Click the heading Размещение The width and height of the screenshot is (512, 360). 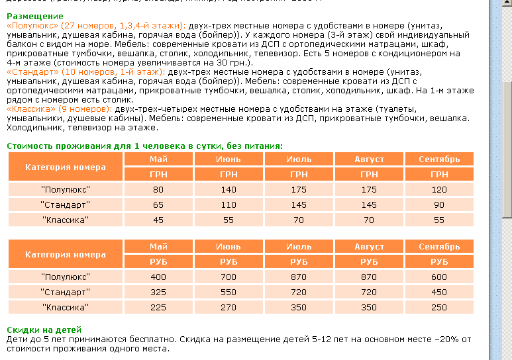click(30, 15)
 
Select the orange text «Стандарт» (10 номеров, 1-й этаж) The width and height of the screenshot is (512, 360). click(85, 70)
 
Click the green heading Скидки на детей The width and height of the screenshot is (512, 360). click(44, 329)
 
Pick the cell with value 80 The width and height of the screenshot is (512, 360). click(158, 190)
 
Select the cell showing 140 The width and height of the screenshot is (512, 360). click(229, 190)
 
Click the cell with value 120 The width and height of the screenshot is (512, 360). click(439, 190)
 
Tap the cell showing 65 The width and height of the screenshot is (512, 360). click(158, 204)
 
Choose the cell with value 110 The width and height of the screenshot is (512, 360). click(229, 204)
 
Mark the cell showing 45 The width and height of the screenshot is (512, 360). click(158, 220)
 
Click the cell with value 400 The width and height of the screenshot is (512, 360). click(158, 277)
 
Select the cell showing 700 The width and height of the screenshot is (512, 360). click(229, 277)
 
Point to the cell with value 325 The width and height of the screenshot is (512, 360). click(158, 292)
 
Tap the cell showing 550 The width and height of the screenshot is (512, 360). click(229, 292)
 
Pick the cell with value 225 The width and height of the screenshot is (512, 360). click(158, 307)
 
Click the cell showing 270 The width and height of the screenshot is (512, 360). click(229, 307)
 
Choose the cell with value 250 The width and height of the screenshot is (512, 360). click(439, 307)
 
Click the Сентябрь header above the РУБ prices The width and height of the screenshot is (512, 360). click(439, 247)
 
